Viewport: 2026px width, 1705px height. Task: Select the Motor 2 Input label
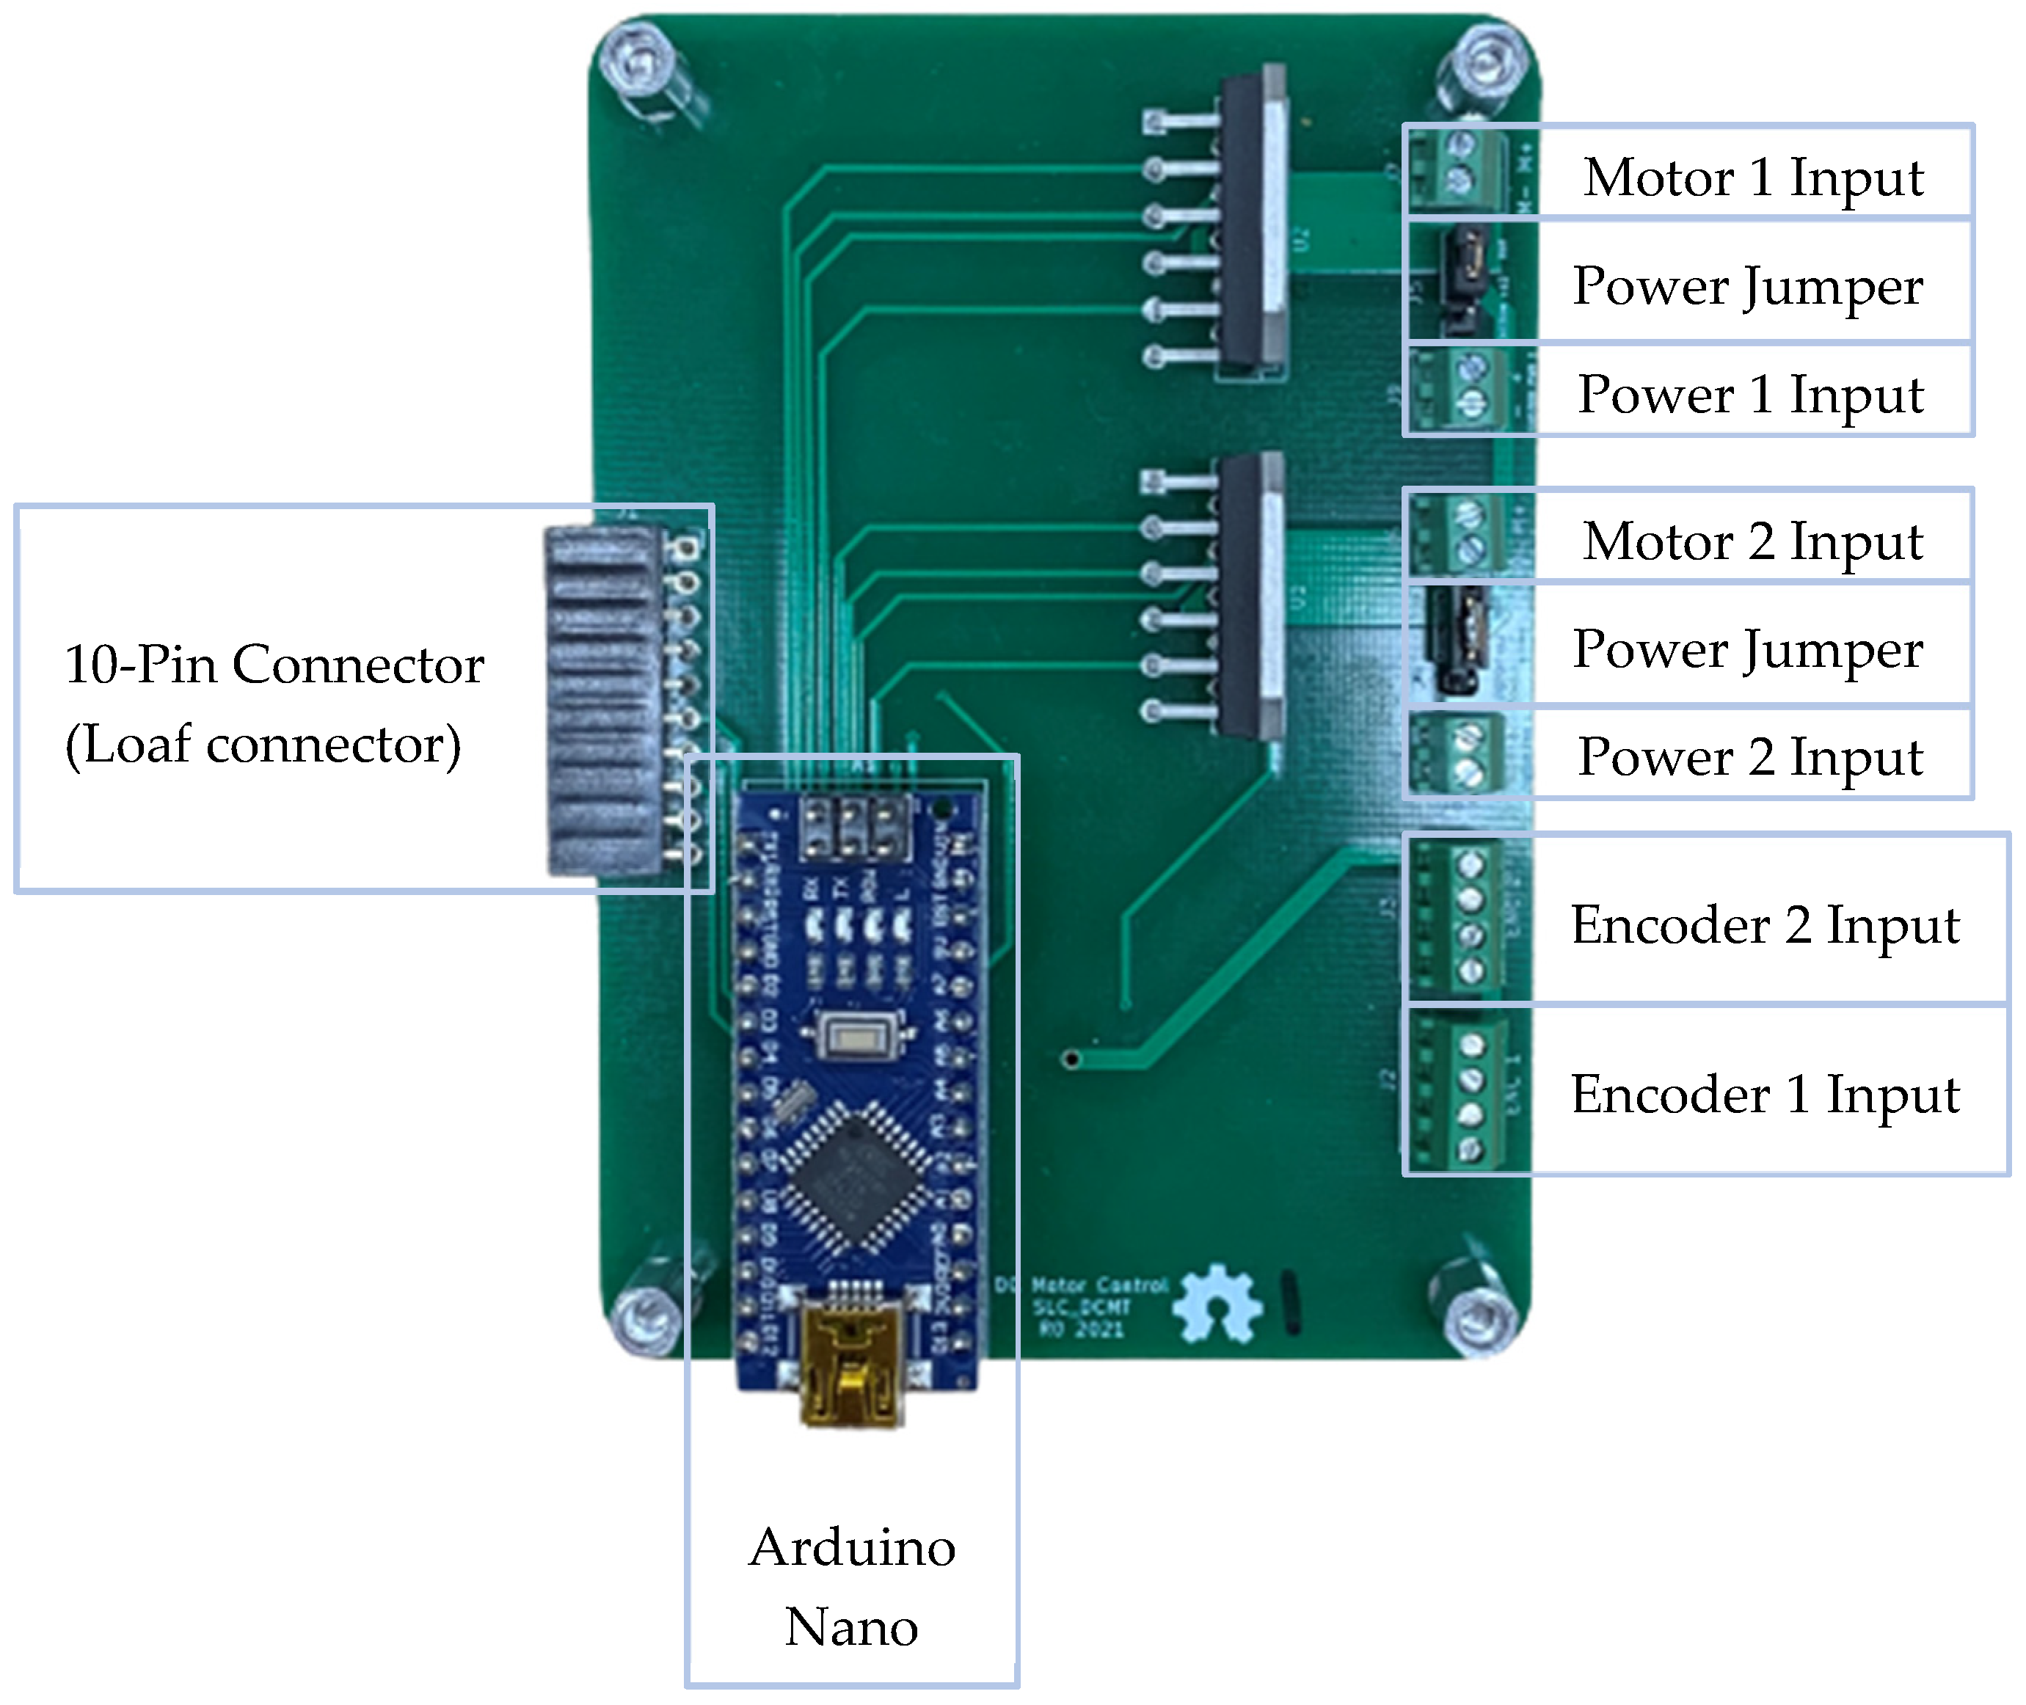[1752, 541]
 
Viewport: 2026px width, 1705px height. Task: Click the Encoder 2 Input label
[1764, 925]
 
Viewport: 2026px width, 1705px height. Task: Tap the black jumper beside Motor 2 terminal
[1457, 640]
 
